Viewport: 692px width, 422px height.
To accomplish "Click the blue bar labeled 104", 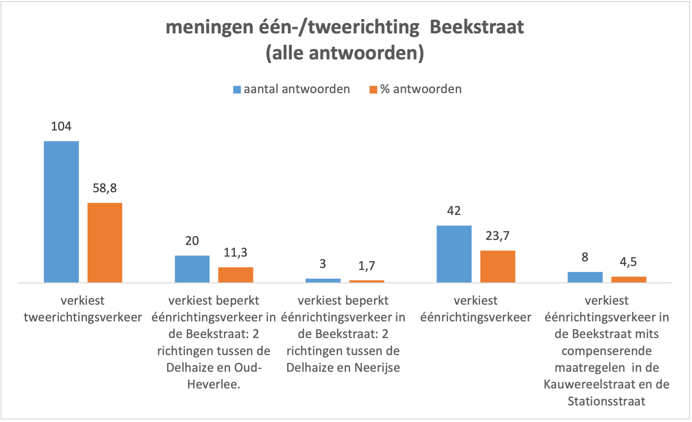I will (61, 212).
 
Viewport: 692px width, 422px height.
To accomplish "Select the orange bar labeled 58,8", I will (105, 243).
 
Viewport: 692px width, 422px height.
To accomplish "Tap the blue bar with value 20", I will (192, 269).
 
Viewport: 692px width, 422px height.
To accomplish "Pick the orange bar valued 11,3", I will (235, 275).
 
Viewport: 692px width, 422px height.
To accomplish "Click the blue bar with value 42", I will (454, 254).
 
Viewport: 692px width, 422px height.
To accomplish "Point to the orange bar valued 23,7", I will (497, 266).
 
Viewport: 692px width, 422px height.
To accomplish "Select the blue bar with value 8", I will (585, 277).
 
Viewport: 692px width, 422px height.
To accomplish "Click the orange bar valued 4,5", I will (628, 280).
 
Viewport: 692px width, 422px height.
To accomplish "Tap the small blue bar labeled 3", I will (323, 281).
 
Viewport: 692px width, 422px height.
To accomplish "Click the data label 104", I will (61, 126).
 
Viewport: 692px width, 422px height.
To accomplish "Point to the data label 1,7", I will (367, 266).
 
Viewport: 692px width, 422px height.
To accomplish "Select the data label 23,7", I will (497, 236).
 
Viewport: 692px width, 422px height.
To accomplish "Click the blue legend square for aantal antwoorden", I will (237, 90).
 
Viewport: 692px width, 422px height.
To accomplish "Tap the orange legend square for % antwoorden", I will (373, 90).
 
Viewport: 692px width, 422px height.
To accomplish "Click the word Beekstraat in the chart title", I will (477, 27).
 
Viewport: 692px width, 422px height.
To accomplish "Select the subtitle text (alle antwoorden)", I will (345, 53).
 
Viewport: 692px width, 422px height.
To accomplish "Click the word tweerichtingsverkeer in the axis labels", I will (83, 317).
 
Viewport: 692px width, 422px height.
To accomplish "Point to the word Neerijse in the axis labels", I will (377, 368).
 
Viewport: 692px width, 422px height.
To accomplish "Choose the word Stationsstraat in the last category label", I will (606, 401).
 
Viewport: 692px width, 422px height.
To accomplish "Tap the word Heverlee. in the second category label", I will (213, 384).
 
